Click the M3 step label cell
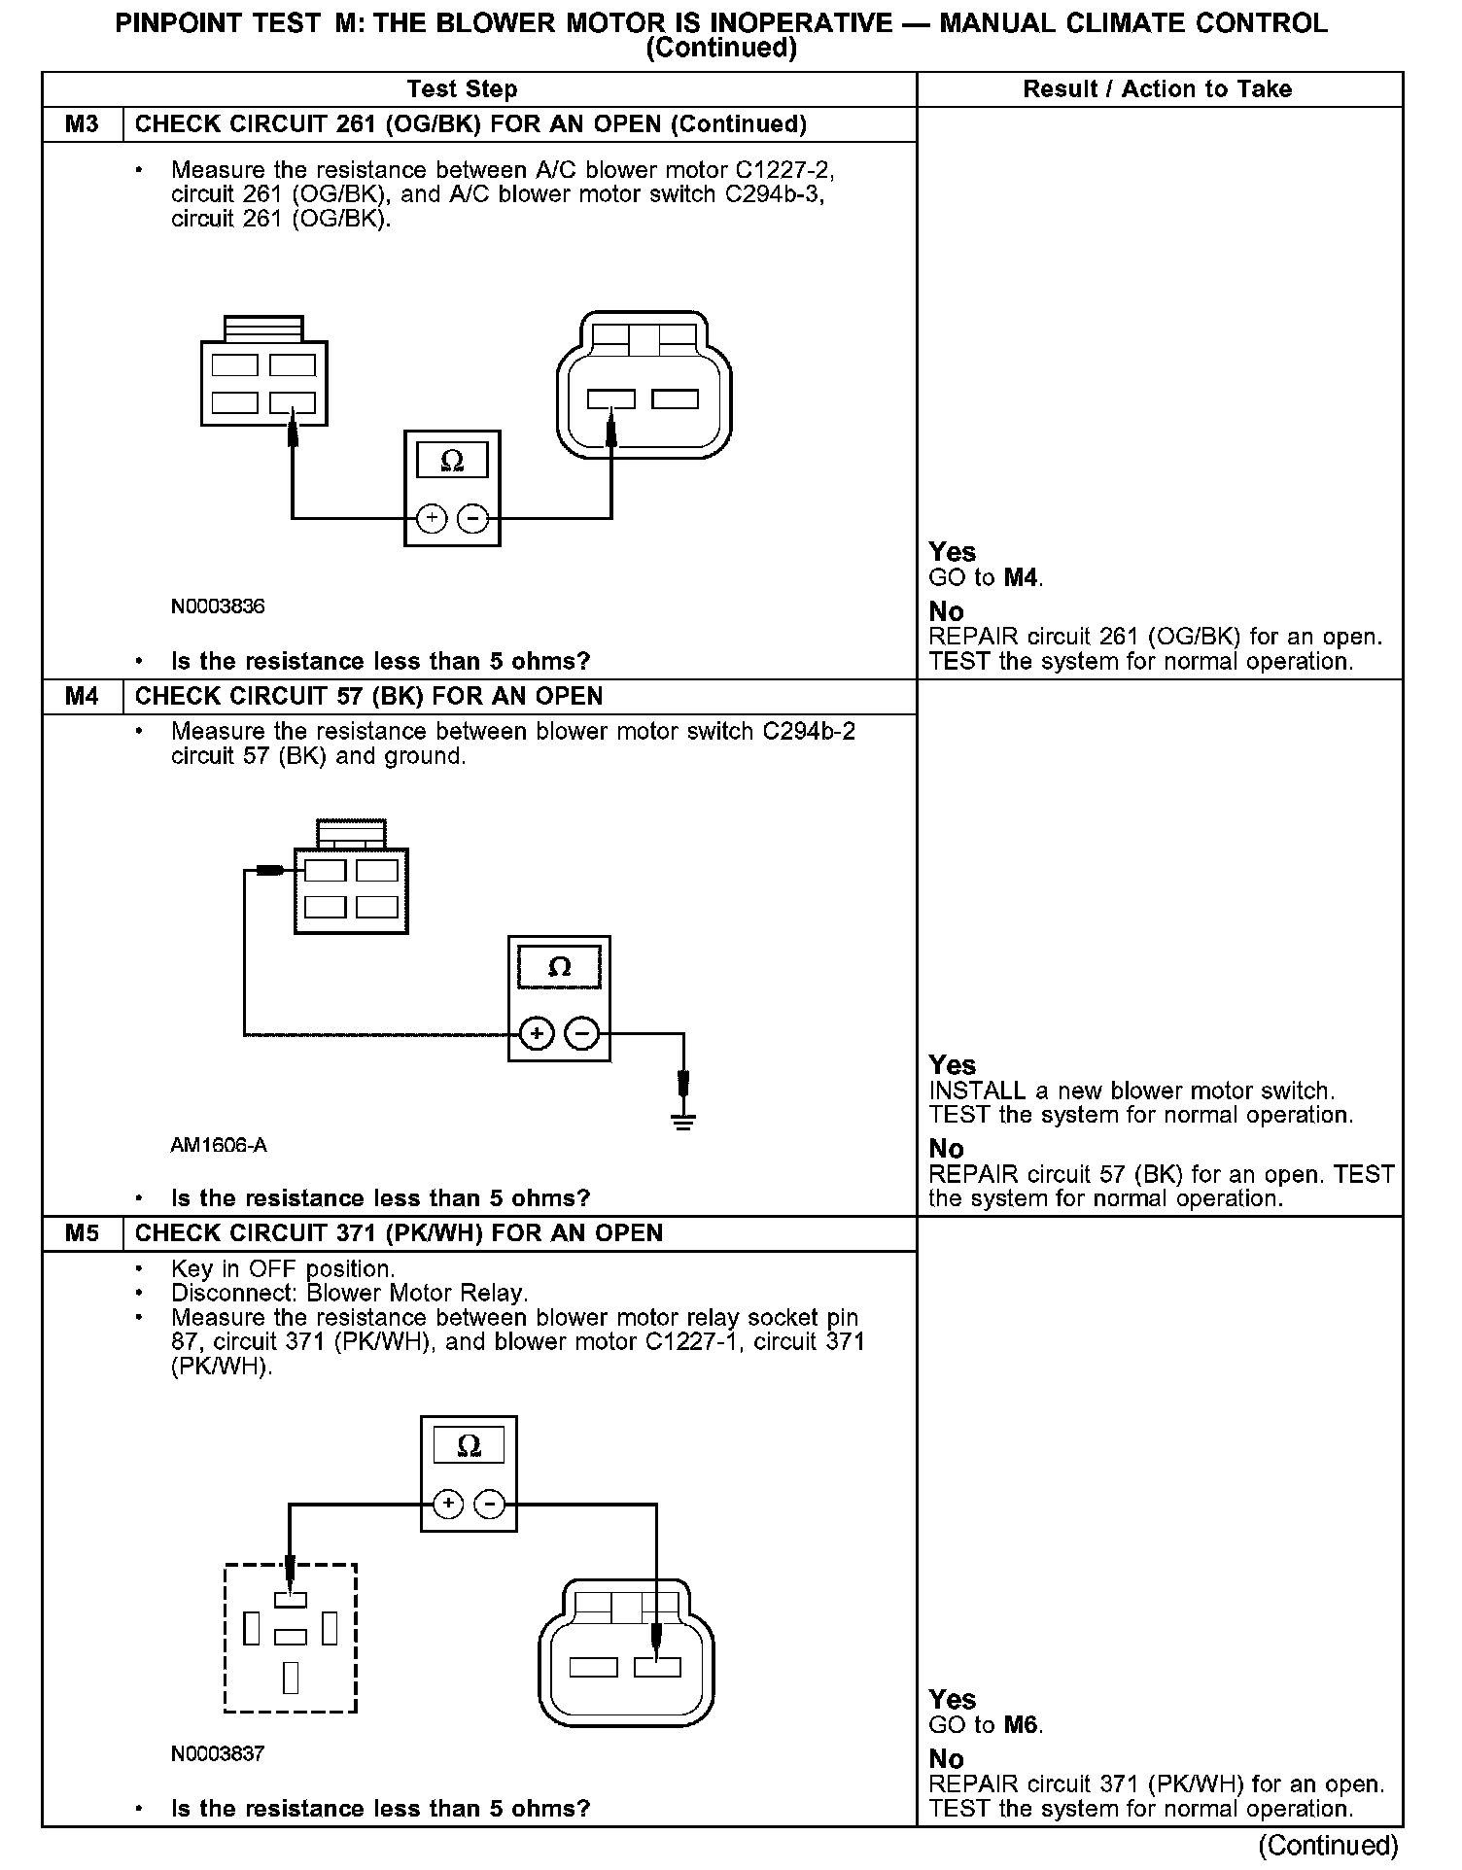point(83,124)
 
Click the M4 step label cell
point(83,697)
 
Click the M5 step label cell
point(83,1233)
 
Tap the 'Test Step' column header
point(462,89)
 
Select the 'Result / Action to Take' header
point(1157,89)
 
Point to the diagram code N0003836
point(218,606)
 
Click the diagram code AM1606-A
point(219,1145)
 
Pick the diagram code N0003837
point(218,1753)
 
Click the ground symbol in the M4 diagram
point(684,1120)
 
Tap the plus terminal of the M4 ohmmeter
point(537,1033)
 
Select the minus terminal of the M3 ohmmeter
point(473,519)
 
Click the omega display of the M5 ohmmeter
point(469,1445)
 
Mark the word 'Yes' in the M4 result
point(952,1065)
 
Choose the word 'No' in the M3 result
point(946,612)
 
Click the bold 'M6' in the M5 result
point(1022,1726)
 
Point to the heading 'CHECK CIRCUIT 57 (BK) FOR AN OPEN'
point(368,697)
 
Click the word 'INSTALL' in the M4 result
point(977,1091)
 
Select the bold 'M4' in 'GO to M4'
point(1022,578)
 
